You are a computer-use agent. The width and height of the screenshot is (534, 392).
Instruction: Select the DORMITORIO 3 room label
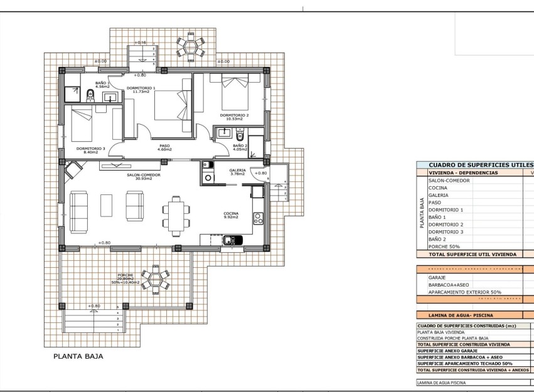pos(90,150)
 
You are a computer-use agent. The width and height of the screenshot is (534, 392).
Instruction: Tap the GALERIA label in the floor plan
pos(237,171)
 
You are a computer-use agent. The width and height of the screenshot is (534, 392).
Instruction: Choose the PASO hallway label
pos(164,147)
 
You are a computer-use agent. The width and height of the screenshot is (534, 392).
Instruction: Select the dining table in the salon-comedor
pos(176,213)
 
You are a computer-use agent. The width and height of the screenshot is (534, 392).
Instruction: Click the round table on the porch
pos(154,280)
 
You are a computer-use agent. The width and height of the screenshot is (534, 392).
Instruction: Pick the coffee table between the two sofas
pos(106,204)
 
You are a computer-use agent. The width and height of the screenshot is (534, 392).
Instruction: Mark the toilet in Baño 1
pos(90,95)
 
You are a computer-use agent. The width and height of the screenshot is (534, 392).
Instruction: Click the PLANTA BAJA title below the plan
pos(78,356)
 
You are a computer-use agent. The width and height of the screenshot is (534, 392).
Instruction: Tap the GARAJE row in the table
pos(437,277)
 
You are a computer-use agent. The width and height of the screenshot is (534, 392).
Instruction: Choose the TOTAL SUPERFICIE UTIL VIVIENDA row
pos(472,254)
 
